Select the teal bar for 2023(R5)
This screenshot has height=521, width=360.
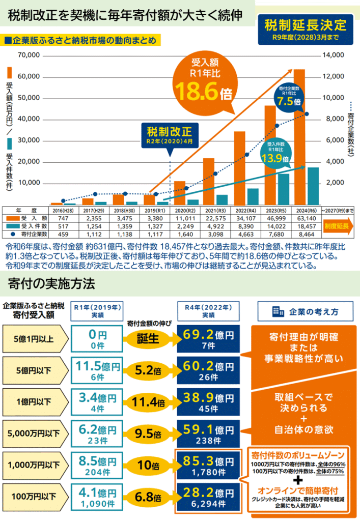click(284, 189)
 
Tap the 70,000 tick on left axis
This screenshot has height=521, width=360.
click(29, 55)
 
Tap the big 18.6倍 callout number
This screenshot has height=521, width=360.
click(203, 92)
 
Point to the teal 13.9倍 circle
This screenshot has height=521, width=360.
click(275, 154)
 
